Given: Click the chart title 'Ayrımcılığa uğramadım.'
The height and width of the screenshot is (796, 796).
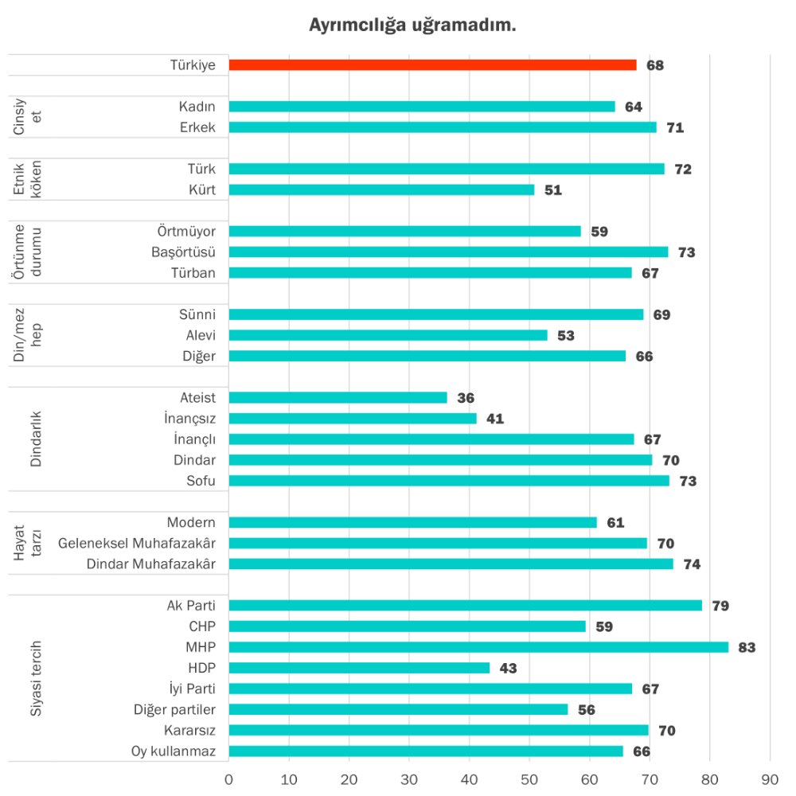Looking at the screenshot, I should [412, 25].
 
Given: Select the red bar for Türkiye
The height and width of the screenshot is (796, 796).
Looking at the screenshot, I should [432, 65].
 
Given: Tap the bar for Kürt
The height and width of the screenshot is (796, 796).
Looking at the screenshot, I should [381, 189].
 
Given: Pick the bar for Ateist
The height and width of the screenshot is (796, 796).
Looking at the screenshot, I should [338, 397].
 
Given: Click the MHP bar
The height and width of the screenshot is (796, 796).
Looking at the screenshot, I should [478, 647].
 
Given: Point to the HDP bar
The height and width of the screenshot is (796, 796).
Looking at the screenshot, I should [359, 668].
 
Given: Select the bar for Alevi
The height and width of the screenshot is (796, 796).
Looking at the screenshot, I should [388, 335].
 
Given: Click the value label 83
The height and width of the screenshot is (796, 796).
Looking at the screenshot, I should [747, 647].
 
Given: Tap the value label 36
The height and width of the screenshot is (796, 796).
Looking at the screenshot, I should [466, 398].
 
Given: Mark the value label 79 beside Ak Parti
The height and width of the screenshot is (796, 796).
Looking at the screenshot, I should [720, 606].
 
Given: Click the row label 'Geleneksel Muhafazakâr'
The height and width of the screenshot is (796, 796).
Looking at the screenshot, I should [137, 543].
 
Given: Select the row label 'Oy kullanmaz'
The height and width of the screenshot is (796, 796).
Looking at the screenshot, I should [174, 751].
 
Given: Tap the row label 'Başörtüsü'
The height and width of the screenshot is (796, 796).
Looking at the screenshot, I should [183, 252].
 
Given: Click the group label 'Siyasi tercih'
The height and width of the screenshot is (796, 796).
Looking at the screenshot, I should [35, 678].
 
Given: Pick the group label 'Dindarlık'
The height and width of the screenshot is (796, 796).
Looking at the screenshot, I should [35, 439].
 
